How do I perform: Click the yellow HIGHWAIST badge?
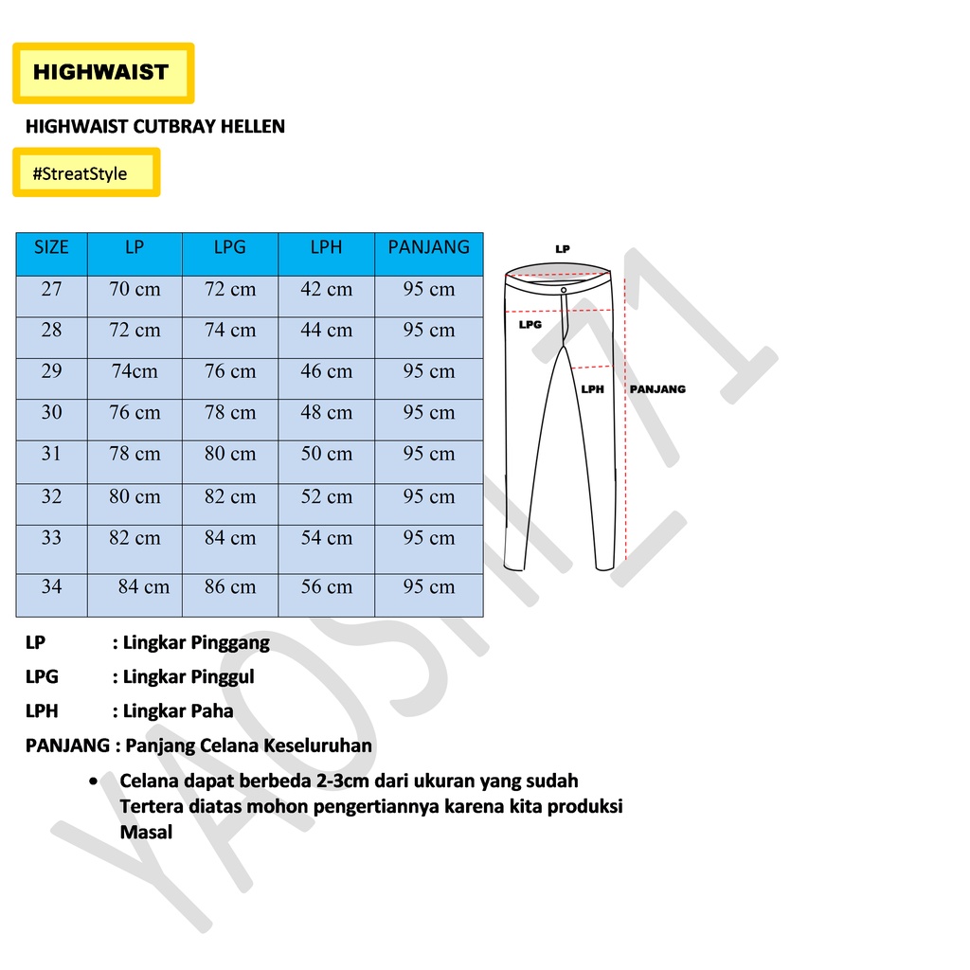tap(102, 72)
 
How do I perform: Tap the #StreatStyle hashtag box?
tap(85, 173)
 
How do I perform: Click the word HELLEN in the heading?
tap(253, 126)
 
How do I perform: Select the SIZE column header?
tap(51, 248)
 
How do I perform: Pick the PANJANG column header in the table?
tap(428, 248)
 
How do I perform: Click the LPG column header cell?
tap(230, 248)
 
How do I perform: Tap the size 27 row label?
tap(51, 290)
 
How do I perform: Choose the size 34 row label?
tap(51, 587)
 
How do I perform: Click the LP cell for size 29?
tap(135, 372)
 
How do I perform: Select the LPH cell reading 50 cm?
tap(326, 455)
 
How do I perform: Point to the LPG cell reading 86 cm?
tap(230, 587)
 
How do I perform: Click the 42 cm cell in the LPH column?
tap(326, 290)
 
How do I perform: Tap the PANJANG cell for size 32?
tap(428, 497)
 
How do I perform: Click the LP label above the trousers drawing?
tap(564, 249)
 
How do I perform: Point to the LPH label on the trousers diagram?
tap(592, 389)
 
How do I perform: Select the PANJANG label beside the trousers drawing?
tap(657, 389)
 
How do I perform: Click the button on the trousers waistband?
tap(564, 289)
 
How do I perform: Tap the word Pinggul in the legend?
tap(223, 677)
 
